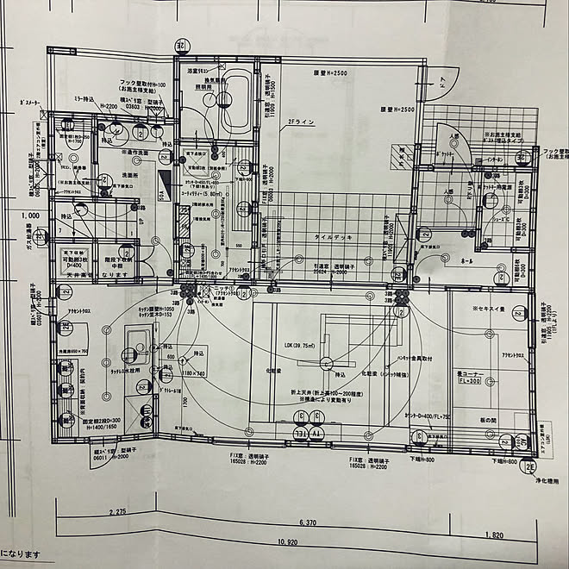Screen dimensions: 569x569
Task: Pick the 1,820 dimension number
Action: (493, 535)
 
